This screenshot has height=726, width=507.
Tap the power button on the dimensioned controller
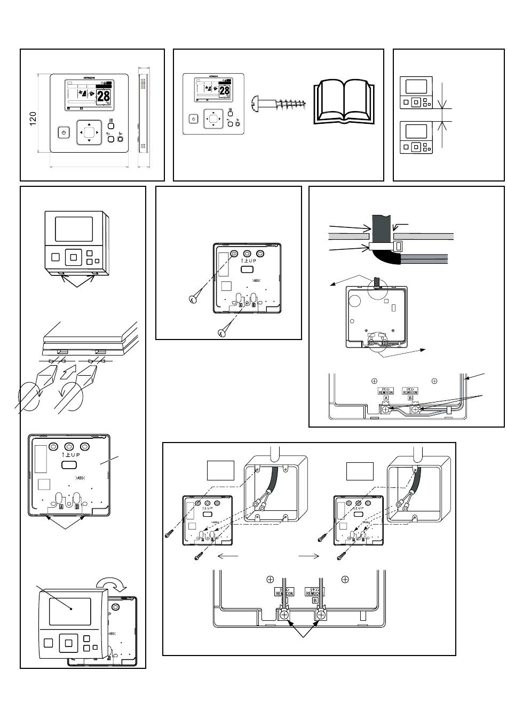63,132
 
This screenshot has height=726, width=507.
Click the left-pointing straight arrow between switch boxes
228,556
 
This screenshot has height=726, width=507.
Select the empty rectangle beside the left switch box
221,470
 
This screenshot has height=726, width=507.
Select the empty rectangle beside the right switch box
360,470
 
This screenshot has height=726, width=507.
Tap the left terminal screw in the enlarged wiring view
284,615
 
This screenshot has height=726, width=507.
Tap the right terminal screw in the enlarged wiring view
321,615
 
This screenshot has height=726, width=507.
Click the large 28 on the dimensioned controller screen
104,96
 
